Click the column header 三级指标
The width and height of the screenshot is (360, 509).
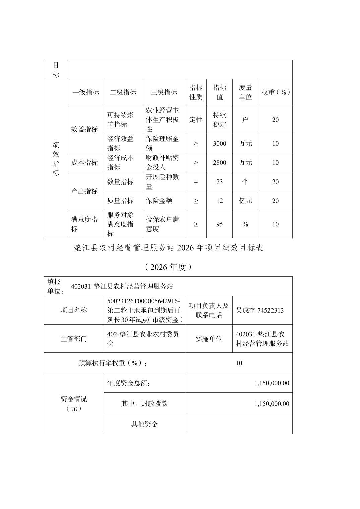164,92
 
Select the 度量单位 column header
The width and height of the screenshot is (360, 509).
245,92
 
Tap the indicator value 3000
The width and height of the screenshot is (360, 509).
220,144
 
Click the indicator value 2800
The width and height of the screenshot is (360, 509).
220,163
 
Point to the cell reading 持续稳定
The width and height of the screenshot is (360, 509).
220,120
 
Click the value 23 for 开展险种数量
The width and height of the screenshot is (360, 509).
220,182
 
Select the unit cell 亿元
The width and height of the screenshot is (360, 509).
245,201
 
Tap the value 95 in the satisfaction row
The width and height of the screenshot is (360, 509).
220,224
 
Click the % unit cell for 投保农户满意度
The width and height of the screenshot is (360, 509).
245,224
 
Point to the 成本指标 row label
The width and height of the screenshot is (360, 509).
84,163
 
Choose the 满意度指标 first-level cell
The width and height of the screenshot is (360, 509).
84,224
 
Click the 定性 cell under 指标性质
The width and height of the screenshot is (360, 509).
196,120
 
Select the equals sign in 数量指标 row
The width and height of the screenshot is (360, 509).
196,182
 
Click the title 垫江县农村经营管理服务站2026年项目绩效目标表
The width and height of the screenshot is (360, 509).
169,248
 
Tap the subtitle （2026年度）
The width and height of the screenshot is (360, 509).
169,267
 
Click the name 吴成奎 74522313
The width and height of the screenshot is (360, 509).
260,310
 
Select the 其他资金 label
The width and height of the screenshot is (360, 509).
144,424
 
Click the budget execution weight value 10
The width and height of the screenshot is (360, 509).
239,363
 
